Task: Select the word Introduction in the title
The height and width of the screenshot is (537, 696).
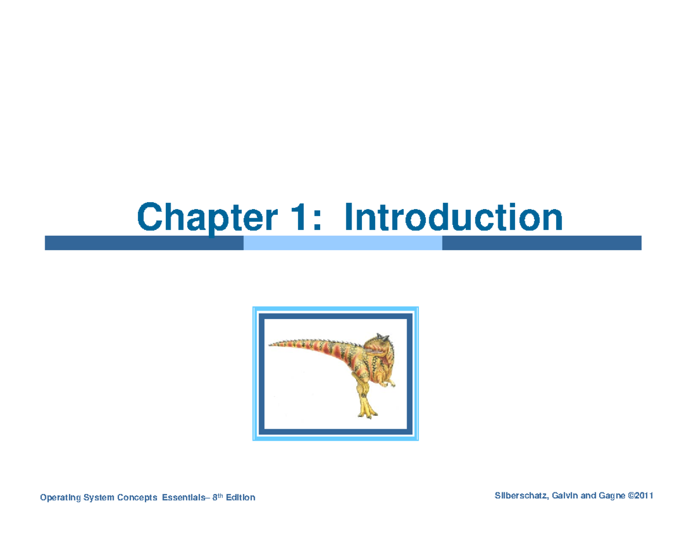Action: (x=453, y=218)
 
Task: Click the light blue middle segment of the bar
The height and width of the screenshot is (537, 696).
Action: (x=342, y=243)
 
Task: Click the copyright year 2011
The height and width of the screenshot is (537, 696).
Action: (x=644, y=496)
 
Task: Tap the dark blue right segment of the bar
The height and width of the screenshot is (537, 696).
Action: (x=541, y=243)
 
